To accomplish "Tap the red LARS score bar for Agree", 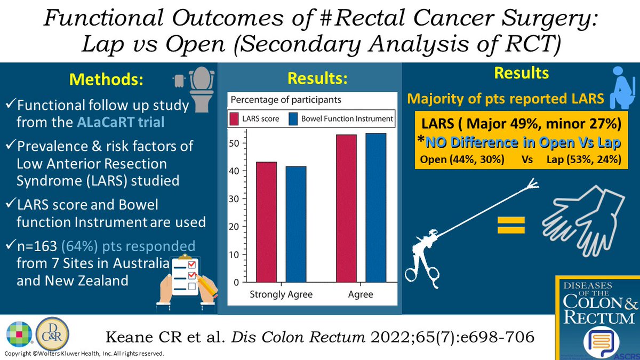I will pos(346,208).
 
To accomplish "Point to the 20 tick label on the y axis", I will pos(235,227).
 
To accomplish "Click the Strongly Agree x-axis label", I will pos(282,294).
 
